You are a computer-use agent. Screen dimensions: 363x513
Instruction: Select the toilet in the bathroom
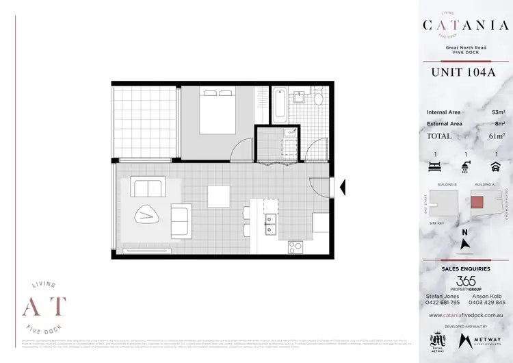(317, 97)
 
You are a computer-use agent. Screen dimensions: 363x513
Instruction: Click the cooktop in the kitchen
(296, 245)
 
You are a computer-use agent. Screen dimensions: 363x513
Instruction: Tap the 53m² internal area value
(497, 112)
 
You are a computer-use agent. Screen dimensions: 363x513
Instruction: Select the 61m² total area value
(497, 136)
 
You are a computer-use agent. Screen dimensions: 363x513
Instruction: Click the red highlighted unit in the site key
(477, 202)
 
